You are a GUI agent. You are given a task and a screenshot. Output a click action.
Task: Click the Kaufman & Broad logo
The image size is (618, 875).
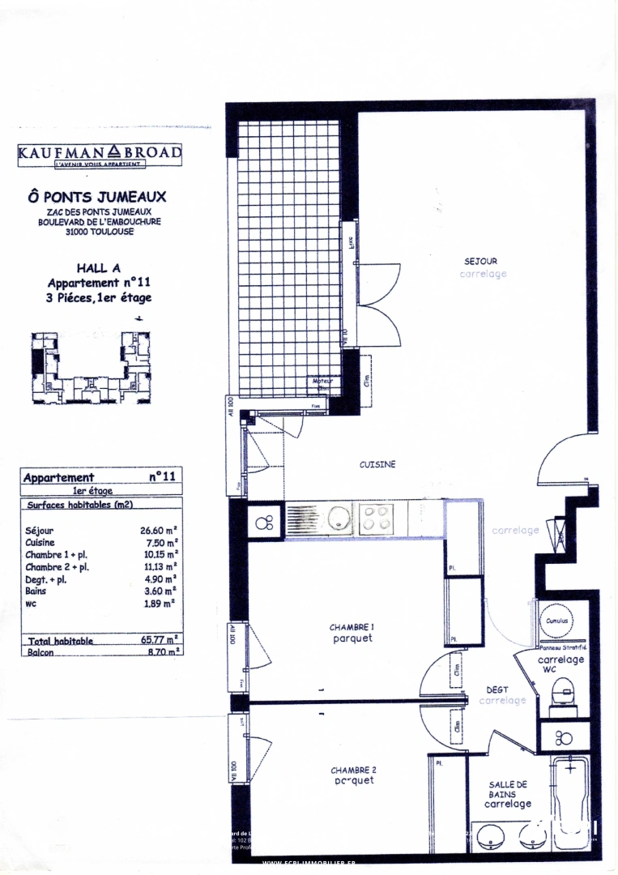click(x=100, y=154)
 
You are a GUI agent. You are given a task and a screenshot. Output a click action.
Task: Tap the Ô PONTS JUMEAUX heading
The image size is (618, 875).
click(x=97, y=196)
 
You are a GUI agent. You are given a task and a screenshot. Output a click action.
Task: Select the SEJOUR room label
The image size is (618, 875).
click(x=480, y=261)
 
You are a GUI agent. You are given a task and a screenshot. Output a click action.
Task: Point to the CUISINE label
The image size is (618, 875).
click(x=377, y=464)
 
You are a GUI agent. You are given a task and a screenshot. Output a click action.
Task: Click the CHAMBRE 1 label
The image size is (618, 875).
click(x=352, y=627)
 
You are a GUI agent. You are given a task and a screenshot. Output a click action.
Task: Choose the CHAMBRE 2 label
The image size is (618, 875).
click(x=352, y=770)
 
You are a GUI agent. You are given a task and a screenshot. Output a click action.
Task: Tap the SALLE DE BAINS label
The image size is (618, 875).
click(x=508, y=789)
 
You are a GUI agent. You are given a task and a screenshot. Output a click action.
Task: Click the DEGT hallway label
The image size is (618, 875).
click(x=497, y=690)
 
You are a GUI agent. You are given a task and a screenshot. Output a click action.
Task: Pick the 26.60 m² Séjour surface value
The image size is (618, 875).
click(x=158, y=531)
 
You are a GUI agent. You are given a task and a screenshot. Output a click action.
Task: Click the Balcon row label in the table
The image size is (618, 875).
click(x=40, y=651)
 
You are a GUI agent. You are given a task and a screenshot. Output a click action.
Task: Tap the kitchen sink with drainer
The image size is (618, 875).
click(x=319, y=518)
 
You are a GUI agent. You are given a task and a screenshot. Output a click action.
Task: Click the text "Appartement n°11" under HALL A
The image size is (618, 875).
click(x=99, y=283)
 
